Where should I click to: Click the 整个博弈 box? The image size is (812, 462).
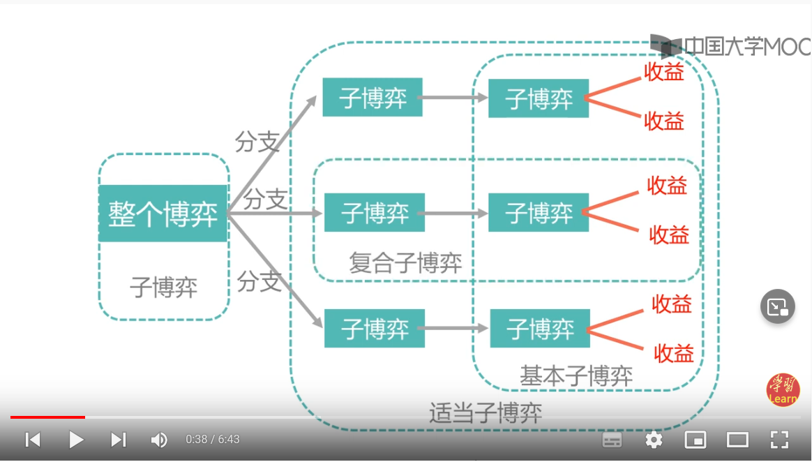163,214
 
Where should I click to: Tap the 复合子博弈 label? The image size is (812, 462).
405,263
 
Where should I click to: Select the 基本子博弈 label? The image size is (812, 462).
576,376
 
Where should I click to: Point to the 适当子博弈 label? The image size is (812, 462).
486,413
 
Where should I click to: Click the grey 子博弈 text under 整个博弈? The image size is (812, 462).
164,287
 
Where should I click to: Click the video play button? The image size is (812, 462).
76,440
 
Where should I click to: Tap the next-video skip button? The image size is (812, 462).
119,440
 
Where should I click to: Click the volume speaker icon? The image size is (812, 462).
159,440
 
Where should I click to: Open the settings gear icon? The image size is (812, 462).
654,440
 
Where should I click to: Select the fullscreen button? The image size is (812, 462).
779,440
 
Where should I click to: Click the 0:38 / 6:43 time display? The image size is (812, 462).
213,440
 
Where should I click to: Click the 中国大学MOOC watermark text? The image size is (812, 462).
746,47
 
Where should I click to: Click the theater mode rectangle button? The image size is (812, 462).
737,440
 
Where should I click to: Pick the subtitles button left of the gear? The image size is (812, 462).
612,440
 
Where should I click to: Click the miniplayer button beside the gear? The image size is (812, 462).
696,440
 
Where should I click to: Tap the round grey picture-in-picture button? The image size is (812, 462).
778,306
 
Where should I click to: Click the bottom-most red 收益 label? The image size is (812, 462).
674,353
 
